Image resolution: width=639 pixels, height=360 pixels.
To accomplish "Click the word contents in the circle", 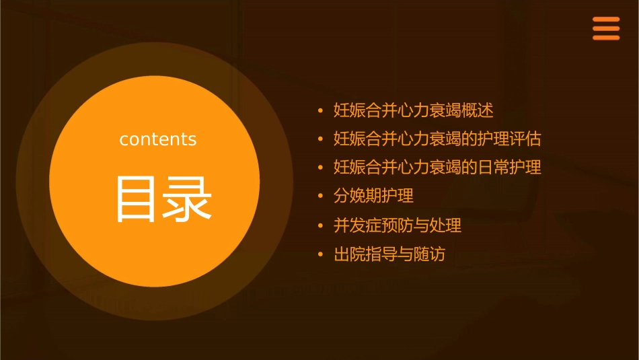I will click(158, 139).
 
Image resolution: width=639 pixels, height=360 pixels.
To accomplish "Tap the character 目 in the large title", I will click(135, 199).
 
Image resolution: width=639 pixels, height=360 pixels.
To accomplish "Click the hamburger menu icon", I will click(605, 29).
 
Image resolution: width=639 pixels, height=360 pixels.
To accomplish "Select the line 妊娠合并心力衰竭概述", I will click(414, 110).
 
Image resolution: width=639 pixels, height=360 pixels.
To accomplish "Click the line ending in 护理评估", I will click(437, 139).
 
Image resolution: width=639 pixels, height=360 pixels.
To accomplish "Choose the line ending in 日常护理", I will click(437, 167).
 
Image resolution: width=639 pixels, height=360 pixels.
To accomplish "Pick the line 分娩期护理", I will click(373, 196).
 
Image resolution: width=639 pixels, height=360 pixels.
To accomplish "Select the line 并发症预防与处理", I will click(398, 225).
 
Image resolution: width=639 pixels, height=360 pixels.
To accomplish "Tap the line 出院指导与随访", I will click(389, 254).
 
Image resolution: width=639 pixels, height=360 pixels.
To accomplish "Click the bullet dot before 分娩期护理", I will click(321, 196).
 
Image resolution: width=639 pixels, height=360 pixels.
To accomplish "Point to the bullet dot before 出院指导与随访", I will click(321, 255).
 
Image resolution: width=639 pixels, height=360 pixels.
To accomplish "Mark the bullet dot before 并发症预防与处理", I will click(321, 226).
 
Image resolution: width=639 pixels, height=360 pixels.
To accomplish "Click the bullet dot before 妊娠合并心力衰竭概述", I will click(321, 110).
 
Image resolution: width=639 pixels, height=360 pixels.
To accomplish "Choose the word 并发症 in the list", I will click(358, 225).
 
